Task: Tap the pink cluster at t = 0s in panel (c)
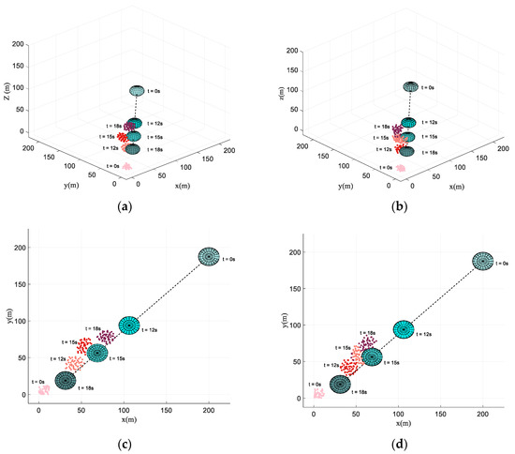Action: pyautogui.click(x=43, y=389)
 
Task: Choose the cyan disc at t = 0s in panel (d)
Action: pyautogui.click(x=483, y=261)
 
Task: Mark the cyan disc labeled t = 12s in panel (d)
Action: pyautogui.click(x=403, y=329)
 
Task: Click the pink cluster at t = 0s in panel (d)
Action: pyautogui.click(x=318, y=393)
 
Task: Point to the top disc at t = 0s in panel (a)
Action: pyautogui.click(x=138, y=91)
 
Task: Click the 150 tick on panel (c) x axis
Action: pyautogui.click(x=167, y=410)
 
